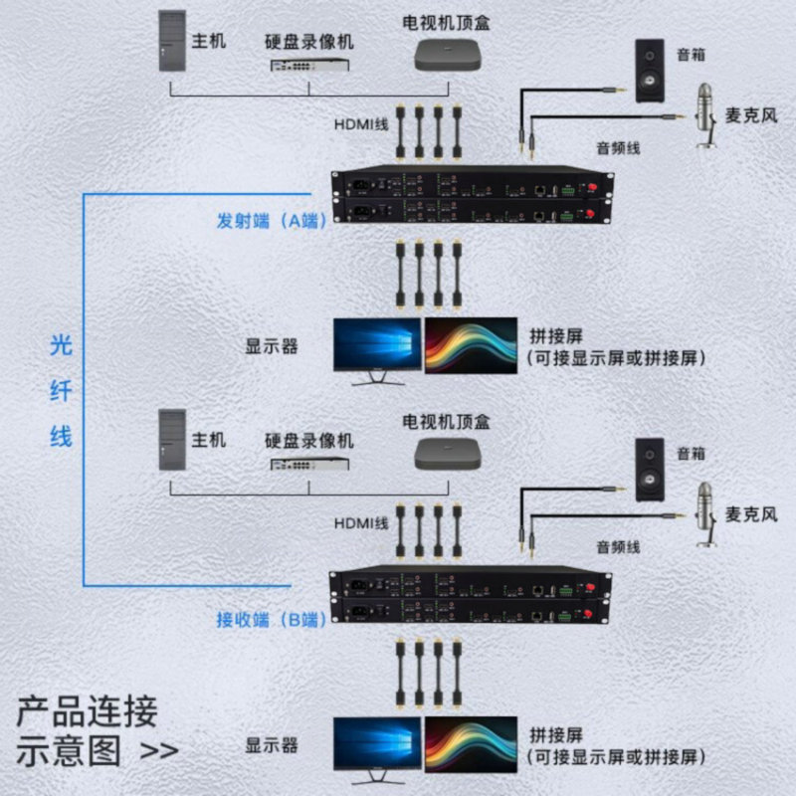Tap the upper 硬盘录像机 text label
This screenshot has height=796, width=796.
(308, 43)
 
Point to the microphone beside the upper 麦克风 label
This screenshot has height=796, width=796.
(707, 111)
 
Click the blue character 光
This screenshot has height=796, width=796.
(62, 346)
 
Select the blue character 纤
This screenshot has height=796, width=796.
(62, 391)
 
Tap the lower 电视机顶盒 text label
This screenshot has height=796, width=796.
(445, 422)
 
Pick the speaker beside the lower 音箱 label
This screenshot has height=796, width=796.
(651, 470)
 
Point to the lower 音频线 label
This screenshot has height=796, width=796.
(618, 546)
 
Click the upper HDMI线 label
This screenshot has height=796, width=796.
(360, 125)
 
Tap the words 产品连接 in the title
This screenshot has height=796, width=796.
(87, 712)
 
